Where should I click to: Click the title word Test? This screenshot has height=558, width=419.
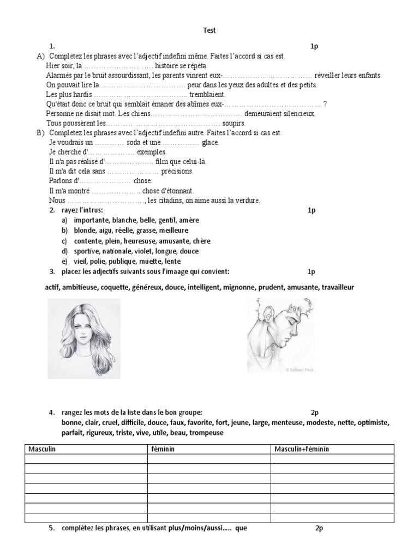(209, 31)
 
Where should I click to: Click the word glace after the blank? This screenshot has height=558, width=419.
(210, 142)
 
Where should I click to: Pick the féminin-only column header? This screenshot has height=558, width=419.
(162, 448)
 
